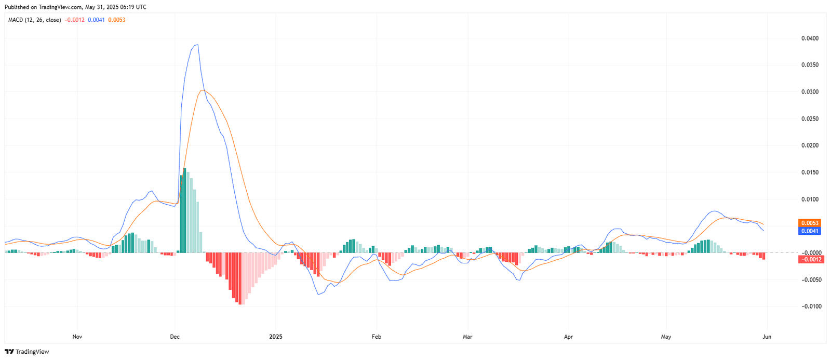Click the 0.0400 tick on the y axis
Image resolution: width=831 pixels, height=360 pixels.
click(810, 38)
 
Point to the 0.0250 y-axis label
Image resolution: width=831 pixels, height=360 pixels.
click(810, 119)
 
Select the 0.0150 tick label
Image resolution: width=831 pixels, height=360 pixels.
click(810, 172)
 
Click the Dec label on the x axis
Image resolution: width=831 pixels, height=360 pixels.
click(175, 337)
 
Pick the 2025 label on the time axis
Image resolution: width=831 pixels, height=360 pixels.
click(276, 337)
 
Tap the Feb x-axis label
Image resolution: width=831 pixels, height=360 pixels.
click(377, 337)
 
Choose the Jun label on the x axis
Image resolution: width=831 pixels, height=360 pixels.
click(767, 337)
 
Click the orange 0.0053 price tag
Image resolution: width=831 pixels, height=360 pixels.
click(810, 223)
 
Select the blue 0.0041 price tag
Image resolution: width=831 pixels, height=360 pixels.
click(810, 231)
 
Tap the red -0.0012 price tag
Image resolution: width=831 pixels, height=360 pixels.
click(810, 259)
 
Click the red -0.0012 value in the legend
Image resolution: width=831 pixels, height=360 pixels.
click(74, 20)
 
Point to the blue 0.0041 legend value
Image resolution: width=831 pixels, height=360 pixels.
click(96, 20)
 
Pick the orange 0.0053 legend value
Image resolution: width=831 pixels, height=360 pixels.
click(116, 20)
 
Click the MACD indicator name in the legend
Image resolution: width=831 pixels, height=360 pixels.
click(34, 20)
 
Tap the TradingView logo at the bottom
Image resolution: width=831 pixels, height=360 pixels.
click(26, 352)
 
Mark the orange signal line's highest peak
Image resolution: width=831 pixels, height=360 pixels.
click(203, 91)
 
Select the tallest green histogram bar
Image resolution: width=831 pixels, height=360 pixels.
click(185, 210)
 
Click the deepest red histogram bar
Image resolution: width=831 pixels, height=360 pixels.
click(240, 278)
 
